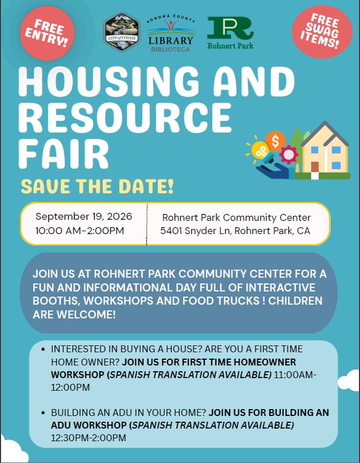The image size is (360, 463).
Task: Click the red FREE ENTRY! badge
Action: [47, 33]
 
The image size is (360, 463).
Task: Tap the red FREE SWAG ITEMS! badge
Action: [322, 32]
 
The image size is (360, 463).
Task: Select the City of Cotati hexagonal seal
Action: [122, 32]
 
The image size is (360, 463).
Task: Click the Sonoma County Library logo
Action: [171, 34]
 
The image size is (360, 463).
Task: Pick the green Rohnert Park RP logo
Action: [230, 33]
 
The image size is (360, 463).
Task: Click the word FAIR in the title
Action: [64, 154]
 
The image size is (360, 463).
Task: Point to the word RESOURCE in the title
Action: [125, 117]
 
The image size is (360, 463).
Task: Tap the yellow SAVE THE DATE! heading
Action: [97, 186]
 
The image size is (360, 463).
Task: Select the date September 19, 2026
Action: [84, 216]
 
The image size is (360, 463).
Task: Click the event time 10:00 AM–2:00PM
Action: [79, 231]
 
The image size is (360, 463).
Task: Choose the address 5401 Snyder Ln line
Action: [235, 231]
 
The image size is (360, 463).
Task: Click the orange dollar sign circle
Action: [275, 141]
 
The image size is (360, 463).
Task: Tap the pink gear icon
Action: [288, 155]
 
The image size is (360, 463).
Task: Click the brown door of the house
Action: [315, 168]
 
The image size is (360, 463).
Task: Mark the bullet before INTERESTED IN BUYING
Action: [44, 349]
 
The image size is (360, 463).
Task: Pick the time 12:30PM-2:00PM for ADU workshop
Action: [88, 438]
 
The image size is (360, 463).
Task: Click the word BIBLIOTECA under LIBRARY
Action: [171, 49]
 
